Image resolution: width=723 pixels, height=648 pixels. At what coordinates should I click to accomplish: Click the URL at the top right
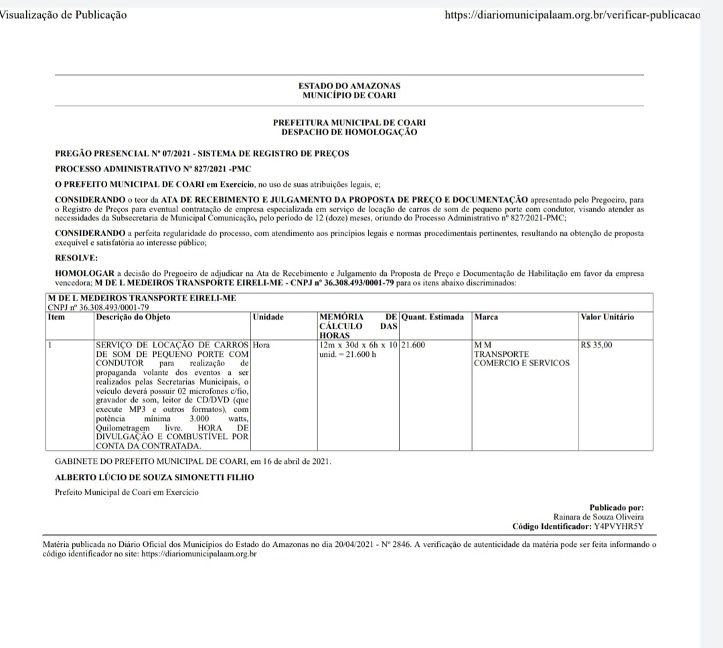[x=572, y=15]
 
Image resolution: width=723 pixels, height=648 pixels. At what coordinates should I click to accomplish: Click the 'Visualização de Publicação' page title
[x=64, y=15]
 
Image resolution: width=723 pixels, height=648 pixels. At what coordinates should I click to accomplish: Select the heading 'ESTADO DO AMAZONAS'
[x=349, y=86]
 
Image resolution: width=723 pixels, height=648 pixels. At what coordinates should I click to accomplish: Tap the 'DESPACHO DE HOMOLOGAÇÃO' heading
[x=349, y=132]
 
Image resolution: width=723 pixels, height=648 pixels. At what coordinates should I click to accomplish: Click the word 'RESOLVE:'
[x=76, y=257]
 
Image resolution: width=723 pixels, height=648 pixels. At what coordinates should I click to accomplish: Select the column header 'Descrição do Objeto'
[x=133, y=317]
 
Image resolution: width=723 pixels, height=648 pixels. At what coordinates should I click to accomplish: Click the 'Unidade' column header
[x=268, y=317]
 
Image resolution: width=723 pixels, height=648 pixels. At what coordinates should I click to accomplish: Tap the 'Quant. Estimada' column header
[x=432, y=317]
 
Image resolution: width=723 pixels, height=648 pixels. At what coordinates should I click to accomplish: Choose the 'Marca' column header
[x=486, y=317]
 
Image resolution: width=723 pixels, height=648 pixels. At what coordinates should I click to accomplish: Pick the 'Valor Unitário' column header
[x=607, y=317]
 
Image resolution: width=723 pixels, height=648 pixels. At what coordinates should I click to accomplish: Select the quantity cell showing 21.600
[x=414, y=345]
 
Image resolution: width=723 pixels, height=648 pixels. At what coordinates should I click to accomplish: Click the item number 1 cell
[x=51, y=345]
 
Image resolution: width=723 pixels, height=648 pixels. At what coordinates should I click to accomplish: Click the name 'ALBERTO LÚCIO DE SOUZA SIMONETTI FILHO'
[x=155, y=477]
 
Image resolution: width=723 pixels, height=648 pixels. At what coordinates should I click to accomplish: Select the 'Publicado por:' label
[x=616, y=508]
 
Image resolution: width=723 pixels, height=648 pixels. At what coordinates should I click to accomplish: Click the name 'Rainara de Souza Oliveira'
[x=599, y=517]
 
